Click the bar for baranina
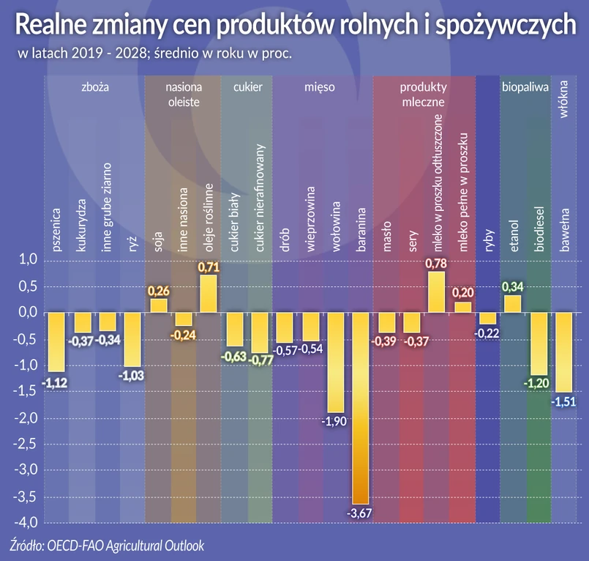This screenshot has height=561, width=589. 361,408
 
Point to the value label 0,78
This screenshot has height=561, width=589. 437,262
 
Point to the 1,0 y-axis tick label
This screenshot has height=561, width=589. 27,260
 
